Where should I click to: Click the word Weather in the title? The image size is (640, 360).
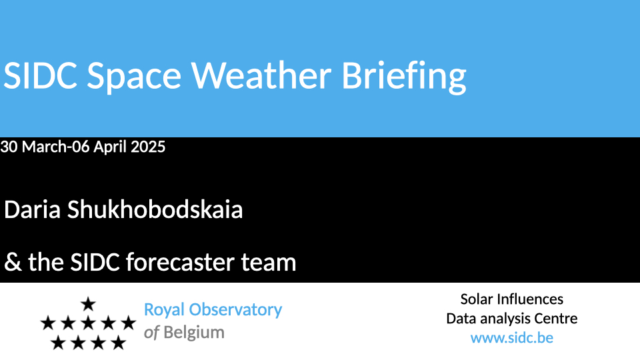click(x=261, y=75)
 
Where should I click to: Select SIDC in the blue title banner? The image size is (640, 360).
click(x=40, y=75)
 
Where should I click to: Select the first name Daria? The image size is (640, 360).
click(x=32, y=210)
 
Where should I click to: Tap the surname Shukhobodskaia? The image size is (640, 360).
click(x=155, y=210)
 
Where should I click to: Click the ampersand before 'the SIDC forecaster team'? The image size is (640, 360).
click(x=13, y=262)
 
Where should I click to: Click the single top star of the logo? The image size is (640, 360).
click(x=88, y=304)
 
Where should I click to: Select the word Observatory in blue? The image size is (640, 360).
click(x=235, y=310)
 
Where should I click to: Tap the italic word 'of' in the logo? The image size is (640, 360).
click(x=151, y=333)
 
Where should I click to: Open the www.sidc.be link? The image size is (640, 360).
click(x=512, y=338)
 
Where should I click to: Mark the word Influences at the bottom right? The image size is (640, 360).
click(x=530, y=299)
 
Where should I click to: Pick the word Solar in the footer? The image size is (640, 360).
click(x=477, y=299)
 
